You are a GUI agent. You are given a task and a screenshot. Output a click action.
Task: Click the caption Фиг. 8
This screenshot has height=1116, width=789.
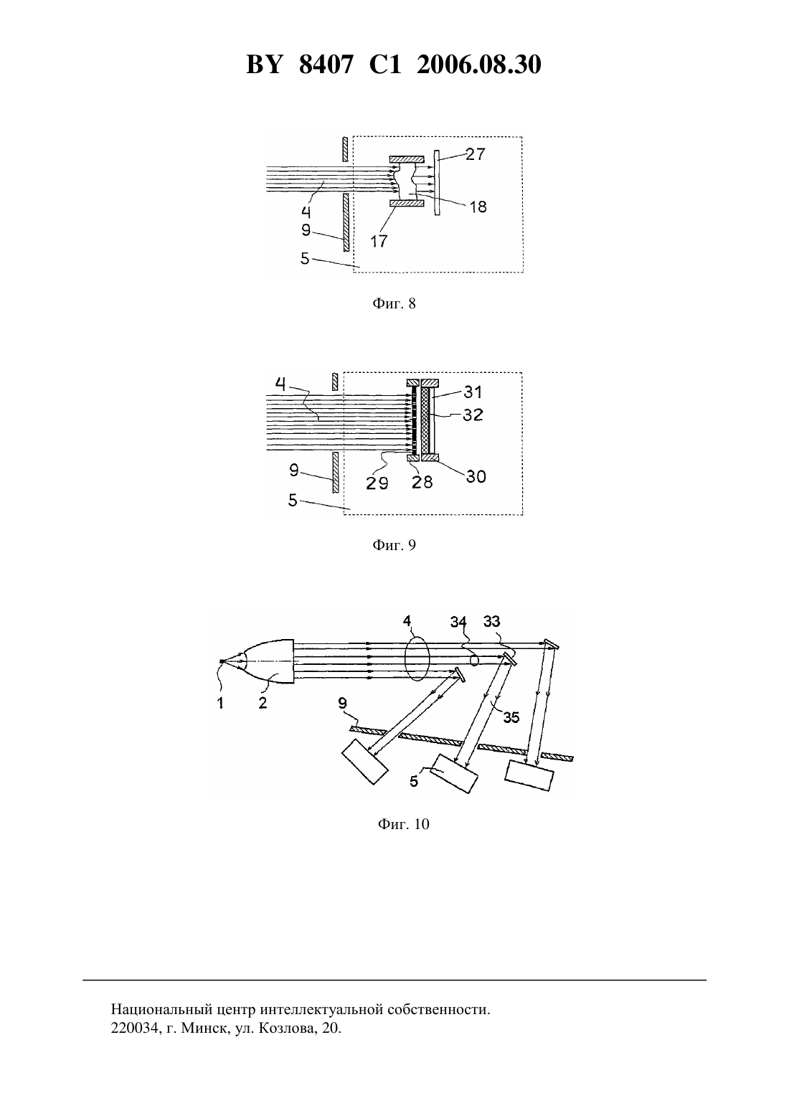click(394, 303)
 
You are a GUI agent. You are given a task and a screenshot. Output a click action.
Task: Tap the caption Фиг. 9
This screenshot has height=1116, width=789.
click(394, 545)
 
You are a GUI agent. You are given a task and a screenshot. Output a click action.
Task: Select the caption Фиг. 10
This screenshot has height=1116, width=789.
click(403, 824)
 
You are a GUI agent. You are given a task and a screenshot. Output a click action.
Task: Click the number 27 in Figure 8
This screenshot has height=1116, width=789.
click(475, 154)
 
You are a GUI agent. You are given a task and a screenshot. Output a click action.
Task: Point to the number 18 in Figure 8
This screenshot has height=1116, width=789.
click(478, 207)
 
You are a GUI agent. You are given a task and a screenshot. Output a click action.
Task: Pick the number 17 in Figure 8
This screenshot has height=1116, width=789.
click(379, 241)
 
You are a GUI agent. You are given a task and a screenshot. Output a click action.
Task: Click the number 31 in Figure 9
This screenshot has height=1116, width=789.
click(473, 392)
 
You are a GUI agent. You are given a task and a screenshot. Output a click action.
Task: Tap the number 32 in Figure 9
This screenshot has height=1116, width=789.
click(473, 415)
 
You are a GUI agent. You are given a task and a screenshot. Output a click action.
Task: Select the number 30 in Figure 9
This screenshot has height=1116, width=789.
click(476, 476)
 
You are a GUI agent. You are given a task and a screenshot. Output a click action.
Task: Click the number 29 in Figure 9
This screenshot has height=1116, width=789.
click(377, 482)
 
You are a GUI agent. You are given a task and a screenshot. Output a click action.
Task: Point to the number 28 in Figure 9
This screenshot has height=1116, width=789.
click(422, 482)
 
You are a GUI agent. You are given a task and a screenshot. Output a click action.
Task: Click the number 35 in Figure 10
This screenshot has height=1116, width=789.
click(511, 717)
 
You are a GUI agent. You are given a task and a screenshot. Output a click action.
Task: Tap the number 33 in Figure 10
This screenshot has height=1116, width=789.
click(491, 621)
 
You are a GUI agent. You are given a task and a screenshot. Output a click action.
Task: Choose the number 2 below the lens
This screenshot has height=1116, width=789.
click(263, 702)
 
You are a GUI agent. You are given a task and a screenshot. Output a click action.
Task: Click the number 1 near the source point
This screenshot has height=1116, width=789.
click(219, 702)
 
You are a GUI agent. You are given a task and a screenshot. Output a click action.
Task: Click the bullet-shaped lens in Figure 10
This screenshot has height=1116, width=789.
click(269, 661)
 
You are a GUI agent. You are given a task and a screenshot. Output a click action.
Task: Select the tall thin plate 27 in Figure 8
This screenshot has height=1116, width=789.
click(437, 182)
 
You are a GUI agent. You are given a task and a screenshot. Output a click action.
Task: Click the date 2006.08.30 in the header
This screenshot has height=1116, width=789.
click(478, 65)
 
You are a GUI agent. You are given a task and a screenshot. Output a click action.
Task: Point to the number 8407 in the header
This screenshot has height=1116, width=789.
click(326, 65)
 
